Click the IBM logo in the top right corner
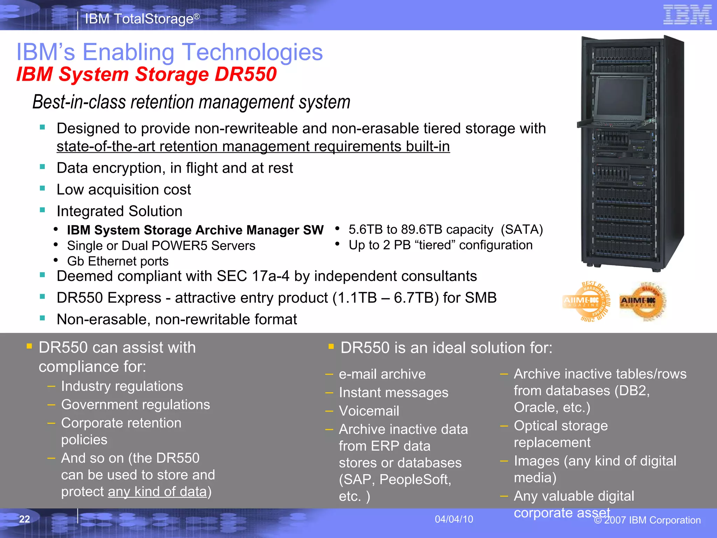687,15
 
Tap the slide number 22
25,519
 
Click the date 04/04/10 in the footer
454,519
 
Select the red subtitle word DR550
245,74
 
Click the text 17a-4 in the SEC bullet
271,276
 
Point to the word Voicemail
369,411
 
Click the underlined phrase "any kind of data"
157,492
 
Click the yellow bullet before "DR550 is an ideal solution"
331,347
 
